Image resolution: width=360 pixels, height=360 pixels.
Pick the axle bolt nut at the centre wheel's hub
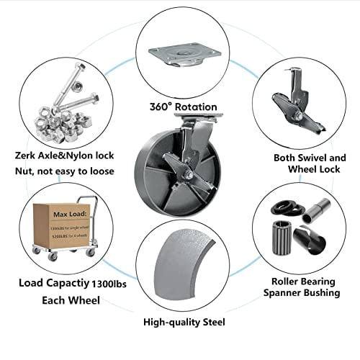[x=185, y=173]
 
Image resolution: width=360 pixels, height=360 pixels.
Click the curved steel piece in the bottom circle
[x=184, y=274]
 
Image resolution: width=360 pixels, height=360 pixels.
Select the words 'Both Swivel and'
[x=310, y=157]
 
